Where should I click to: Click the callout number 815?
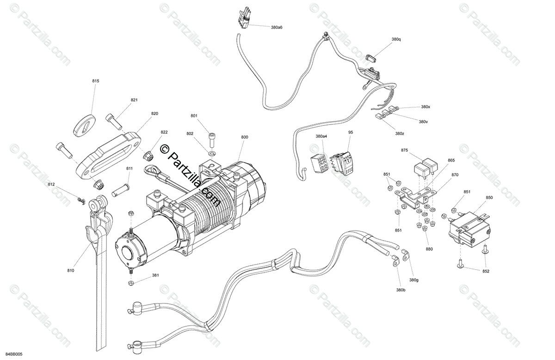pyautogui.click(x=96, y=81)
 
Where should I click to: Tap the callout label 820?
pyautogui.click(x=154, y=113)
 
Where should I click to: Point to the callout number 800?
pyautogui.click(x=245, y=137)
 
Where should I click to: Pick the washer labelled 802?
pyautogui.click(x=212, y=152)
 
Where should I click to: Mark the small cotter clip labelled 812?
pyautogui.click(x=80, y=200)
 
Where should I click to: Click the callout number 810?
pyautogui.click(x=70, y=270)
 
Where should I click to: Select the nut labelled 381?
pyautogui.click(x=131, y=282)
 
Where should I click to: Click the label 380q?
pyautogui.click(x=396, y=39)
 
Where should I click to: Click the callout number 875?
pyautogui.click(x=404, y=150)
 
